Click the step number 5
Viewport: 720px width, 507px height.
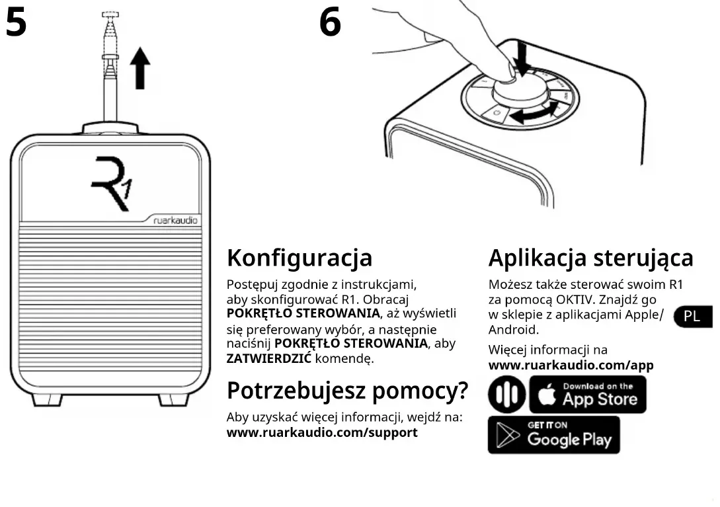(x=16, y=22)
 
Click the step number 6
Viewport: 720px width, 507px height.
(x=330, y=22)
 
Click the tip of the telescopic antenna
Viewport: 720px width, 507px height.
(x=110, y=15)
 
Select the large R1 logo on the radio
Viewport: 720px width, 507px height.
(x=111, y=183)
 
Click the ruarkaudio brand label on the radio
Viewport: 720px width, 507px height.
(x=176, y=221)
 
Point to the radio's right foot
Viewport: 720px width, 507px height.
(x=173, y=399)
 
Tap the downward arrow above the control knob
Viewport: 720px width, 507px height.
(x=521, y=59)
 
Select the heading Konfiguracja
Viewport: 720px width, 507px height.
(x=300, y=258)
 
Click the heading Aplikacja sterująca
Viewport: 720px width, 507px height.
(x=590, y=258)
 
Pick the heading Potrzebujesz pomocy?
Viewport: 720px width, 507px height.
(x=347, y=391)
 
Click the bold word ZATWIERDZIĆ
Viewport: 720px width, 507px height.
(x=269, y=359)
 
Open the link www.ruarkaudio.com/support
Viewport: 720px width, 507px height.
(x=322, y=433)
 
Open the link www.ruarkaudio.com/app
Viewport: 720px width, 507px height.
(x=571, y=365)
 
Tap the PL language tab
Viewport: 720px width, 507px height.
(x=692, y=317)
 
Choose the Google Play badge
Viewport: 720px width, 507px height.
(x=554, y=434)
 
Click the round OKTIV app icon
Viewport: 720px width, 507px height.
(x=506, y=395)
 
